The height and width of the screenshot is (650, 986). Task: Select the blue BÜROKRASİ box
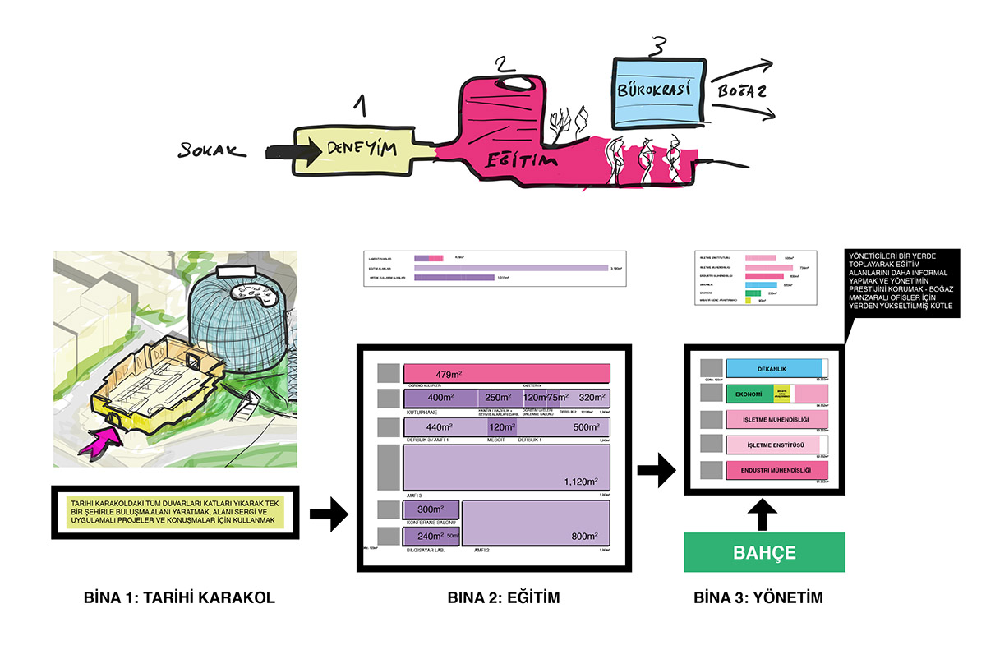pyautogui.click(x=658, y=90)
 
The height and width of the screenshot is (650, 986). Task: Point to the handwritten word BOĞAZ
pyautogui.click(x=742, y=91)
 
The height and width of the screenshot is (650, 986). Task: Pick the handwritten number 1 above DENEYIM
pyautogui.click(x=358, y=106)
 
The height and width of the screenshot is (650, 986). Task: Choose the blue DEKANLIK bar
pyautogui.click(x=775, y=368)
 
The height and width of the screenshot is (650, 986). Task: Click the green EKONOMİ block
pyautogui.click(x=749, y=394)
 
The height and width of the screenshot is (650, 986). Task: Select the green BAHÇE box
pyautogui.click(x=764, y=552)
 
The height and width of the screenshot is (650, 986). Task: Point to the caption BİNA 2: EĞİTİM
pyautogui.click(x=503, y=598)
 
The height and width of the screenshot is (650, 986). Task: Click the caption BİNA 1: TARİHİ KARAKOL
pyautogui.click(x=179, y=598)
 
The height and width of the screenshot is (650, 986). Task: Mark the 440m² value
pyautogui.click(x=440, y=427)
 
